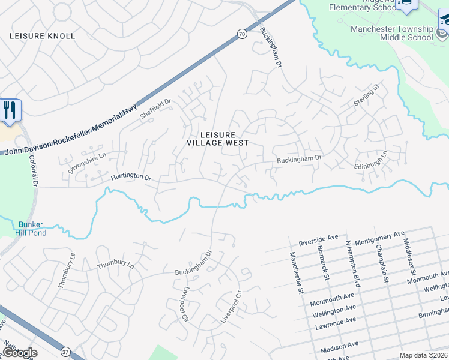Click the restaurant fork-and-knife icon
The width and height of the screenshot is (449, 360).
point(10,110)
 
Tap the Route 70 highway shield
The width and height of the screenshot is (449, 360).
point(241,35)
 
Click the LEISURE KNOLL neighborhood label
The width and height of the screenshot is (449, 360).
point(43,36)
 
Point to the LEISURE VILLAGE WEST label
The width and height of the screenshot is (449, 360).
point(217,139)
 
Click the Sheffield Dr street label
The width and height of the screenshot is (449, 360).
point(155,109)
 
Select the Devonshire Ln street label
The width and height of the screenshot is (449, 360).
point(86,163)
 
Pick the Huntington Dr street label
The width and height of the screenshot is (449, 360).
point(130,178)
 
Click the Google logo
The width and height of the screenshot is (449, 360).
point(20,353)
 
